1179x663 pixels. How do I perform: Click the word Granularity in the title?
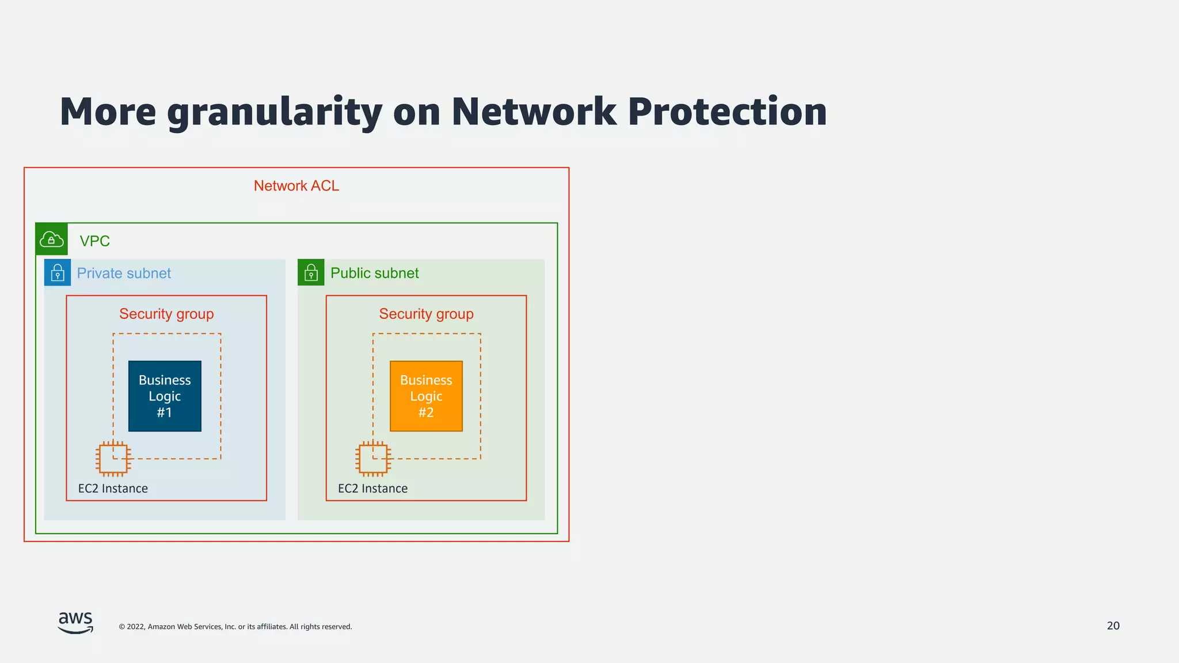[274, 112]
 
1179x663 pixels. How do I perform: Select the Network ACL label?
[296, 186]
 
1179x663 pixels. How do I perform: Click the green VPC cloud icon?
[52, 239]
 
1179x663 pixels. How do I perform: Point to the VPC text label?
[94, 241]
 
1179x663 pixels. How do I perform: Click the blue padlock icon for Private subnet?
[58, 273]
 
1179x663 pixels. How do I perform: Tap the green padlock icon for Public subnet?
[311, 273]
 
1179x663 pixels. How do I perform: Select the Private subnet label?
[124, 273]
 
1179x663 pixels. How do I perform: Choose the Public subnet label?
[374, 273]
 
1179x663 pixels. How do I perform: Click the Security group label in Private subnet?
[166, 314]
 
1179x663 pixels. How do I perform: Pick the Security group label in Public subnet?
[426, 314]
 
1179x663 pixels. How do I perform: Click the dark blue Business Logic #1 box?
[165, 396]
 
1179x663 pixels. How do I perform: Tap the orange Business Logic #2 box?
[426, 396]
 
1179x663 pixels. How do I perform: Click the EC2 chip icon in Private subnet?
[113, 459]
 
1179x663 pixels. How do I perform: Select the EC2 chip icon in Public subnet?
[373, 459]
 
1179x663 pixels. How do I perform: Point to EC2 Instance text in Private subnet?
[113, 489]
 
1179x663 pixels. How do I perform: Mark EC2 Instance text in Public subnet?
[372, 489]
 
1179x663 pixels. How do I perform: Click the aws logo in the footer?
[75, 623]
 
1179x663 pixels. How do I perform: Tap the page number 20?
[1113, 626]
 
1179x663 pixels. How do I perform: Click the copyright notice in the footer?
[235, 627]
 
